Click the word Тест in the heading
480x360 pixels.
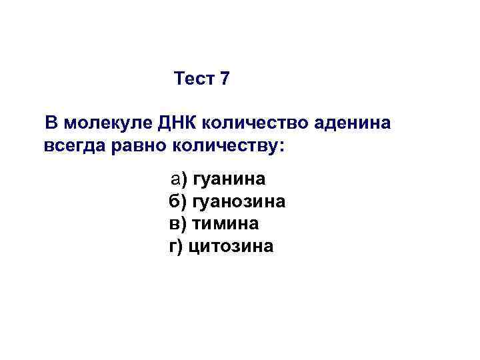pyautogui.click(x=193, y=79)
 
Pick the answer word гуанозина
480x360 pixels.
pyautogui.click(x=239, y=201)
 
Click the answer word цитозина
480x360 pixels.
pyautogui.click(x=231, y=246)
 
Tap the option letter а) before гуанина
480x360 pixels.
pyautogui.click(x=179, y=179)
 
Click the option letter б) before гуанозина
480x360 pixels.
pyautogui.click(x=179, y=201)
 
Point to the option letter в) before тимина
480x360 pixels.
pyautogui.click(x=179, y=223)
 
